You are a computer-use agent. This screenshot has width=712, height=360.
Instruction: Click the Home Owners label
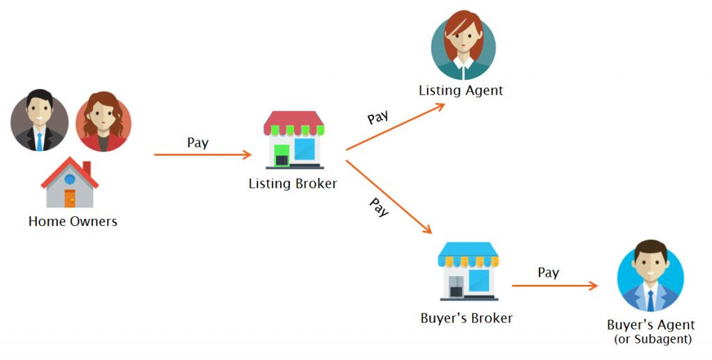pyautogui.click(x=72, y=222)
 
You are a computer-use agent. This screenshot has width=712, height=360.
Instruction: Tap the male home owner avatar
pyautogui.click(x=40, y=120)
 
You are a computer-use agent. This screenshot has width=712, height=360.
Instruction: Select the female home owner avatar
pyautogui.click(x=104, y=122)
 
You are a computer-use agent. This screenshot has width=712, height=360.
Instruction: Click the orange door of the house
pyautogui.click(x=70, y=198)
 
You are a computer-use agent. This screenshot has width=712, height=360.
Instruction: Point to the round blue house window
pyautogui.click(x=70, y=179)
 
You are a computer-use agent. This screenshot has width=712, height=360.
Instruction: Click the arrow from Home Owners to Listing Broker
pyautogui.click(x=202, y=155)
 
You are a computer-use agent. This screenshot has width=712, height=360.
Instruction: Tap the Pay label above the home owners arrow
pyautogui.click(x=198, y=143)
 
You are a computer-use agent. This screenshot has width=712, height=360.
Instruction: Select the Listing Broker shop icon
pyautogui.click(x=294, y=140)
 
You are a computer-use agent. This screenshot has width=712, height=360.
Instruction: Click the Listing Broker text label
pyautogui.click(x=293, y=184)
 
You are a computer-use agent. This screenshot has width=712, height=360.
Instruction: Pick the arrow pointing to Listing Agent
pyautogui.click(x=395, y=126)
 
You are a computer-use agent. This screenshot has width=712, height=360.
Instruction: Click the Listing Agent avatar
pyautogui.click(x=463, y=45)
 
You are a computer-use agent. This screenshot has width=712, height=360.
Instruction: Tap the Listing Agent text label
pyautogui.click(x=461, y=91)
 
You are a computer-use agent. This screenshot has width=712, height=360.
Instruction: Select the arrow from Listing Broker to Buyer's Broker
pyautogui.click(x=389, y=197)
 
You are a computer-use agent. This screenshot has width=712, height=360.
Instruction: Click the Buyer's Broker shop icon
pyautogui.click(x=468, y=271)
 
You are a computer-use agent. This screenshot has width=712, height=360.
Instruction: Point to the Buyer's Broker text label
pyautogui.click(x=467, y=318)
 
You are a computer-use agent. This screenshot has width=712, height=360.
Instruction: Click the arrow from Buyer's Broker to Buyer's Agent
pyautogui.click(x=554, y=286)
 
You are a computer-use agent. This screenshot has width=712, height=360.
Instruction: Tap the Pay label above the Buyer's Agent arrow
pyautogui.click(x=548, y=273)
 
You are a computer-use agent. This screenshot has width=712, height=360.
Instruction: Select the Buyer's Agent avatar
pyautogui.click(x=650, y=276)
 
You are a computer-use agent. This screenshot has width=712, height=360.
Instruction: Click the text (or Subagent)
pyautogui.click(x=652, y=339)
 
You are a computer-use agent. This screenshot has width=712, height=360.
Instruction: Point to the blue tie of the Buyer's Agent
pyautogui.click(x=651, y=300)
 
